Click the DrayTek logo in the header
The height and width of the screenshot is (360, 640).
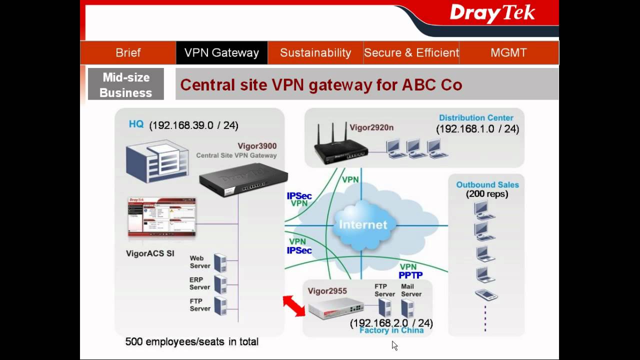click(492, 14)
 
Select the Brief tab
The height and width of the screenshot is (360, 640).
click(128, 52)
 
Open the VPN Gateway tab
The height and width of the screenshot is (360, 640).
click(221, 52)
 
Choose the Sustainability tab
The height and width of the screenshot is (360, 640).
click(315, 52)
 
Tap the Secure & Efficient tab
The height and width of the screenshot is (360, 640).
click(411, 52)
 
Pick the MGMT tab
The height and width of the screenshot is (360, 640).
click(508, 52)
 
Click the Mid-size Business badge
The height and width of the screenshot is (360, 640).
click(126, 84)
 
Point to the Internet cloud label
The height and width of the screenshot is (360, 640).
click(363, 224)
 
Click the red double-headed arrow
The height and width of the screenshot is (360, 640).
click(294, 305)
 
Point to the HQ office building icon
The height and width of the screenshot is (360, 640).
click(157, 161)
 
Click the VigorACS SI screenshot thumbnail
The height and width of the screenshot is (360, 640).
click(162, 217)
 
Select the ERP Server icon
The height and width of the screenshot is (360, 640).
click(220, 283)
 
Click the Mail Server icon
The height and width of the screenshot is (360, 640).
click(407, 308)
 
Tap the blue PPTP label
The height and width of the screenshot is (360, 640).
click(410, 275)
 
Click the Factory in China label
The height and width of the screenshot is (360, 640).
click(391, 330)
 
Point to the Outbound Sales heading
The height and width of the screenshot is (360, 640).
click(487, 184)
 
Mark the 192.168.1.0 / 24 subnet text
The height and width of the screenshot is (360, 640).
click(477, 129)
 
